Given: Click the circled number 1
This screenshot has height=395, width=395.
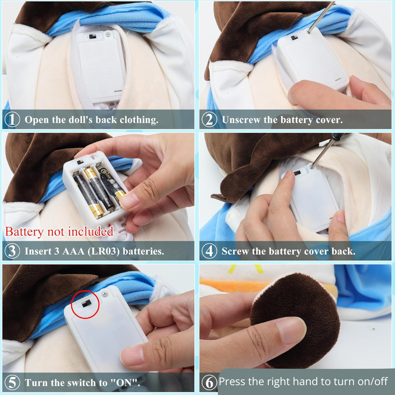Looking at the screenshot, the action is [x=12, y=119].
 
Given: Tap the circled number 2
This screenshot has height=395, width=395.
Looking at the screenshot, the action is [x=209, y=119].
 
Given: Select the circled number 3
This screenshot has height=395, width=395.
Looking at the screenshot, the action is [x=12, y=251].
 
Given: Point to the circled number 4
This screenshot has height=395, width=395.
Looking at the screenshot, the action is [x=209, y=251].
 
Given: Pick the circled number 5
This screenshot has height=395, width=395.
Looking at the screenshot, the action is [x=12, y=383].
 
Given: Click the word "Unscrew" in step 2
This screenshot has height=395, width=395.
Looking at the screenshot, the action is [x=241, y=120].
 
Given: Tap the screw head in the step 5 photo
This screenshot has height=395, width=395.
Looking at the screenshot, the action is [x=104, y=293].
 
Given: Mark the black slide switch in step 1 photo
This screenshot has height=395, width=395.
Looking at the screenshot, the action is [x=93, y=37].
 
